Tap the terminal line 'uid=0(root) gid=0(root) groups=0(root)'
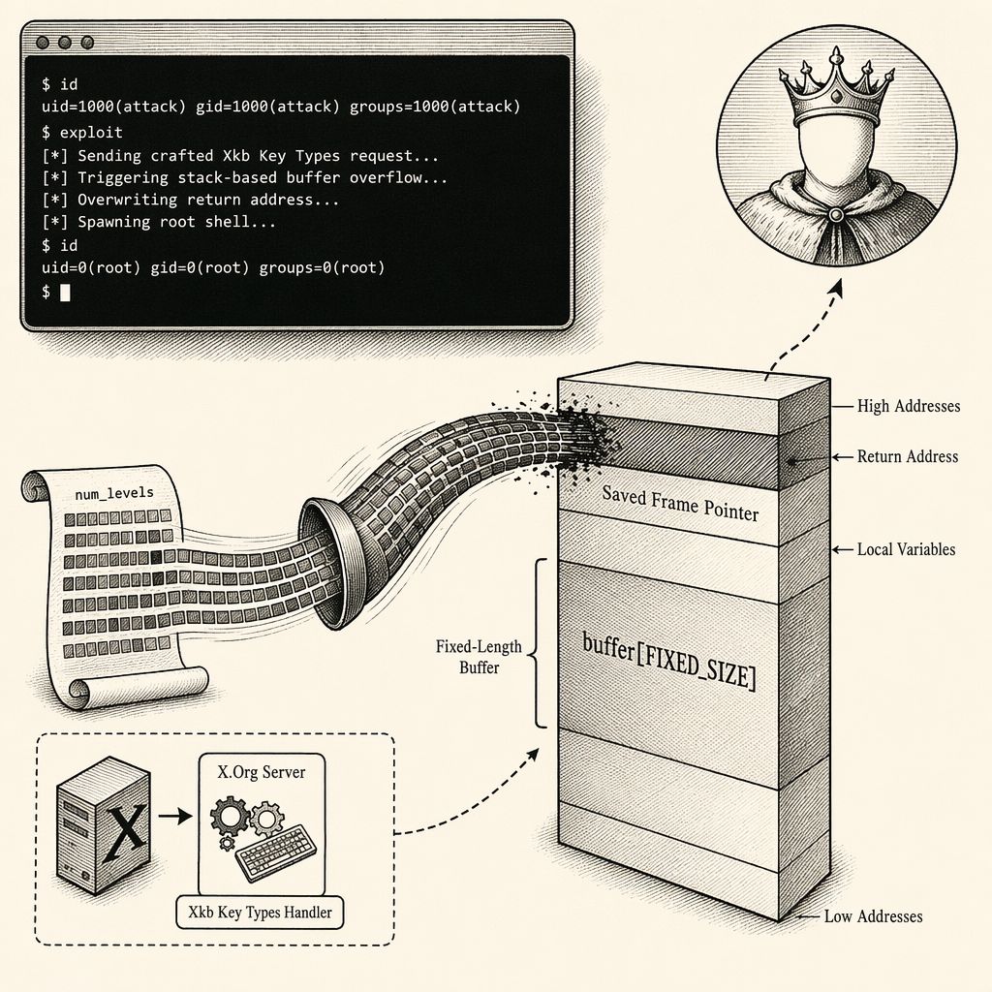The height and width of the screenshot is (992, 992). click(x=213, y=267)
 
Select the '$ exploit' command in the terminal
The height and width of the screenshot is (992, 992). click(x=82, y=132)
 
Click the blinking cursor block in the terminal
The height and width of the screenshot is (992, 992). click(x=65, y=292)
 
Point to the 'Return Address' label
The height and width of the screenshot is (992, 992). click(x=907, y=456)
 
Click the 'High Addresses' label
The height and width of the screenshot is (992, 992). click(x=909, y=406)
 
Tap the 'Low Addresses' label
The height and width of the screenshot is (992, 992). click(x=873, y=916)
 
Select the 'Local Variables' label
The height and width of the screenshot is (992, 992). click(x=906, y=549)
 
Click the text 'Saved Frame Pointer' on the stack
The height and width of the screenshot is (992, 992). click(x=680, y=503)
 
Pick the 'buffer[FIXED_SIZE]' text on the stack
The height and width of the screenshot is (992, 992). click(x=668, y=661)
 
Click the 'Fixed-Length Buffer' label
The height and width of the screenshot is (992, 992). click(x=479, y=657)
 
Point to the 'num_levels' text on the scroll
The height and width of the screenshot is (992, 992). click(x=114, y=493)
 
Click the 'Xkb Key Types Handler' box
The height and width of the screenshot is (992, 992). click(x=260, y=913)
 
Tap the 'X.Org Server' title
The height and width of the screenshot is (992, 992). click(x=262, y=772)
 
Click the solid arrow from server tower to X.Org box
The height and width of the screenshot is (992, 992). click(x=175, y=816)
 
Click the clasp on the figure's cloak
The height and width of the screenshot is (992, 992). click(x=836, y=215)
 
